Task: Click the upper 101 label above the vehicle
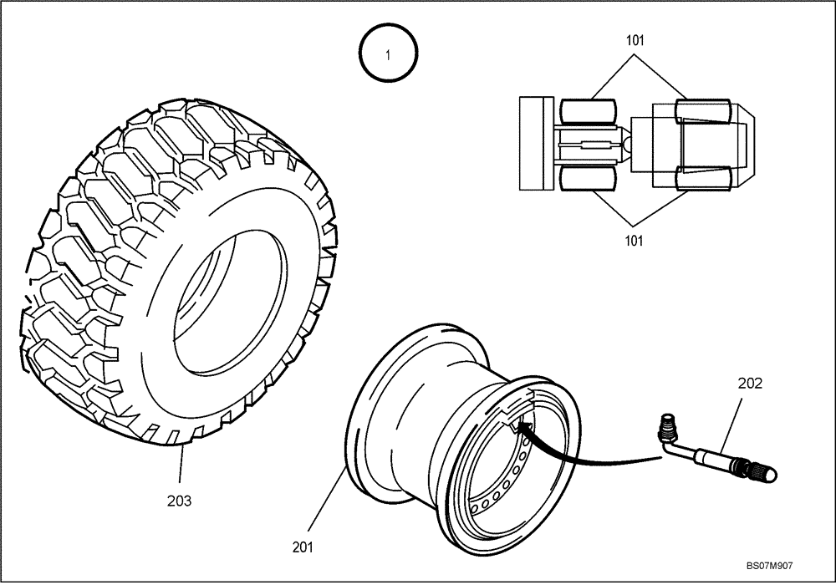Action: (x=635, y=40)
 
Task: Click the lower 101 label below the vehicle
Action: (x=635, y=242)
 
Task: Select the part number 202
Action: (x=750, y=384)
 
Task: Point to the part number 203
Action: (x=179, y=501)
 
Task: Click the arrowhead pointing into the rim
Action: (x=524, y=428)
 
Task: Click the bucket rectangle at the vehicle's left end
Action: (x=536, y=143)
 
